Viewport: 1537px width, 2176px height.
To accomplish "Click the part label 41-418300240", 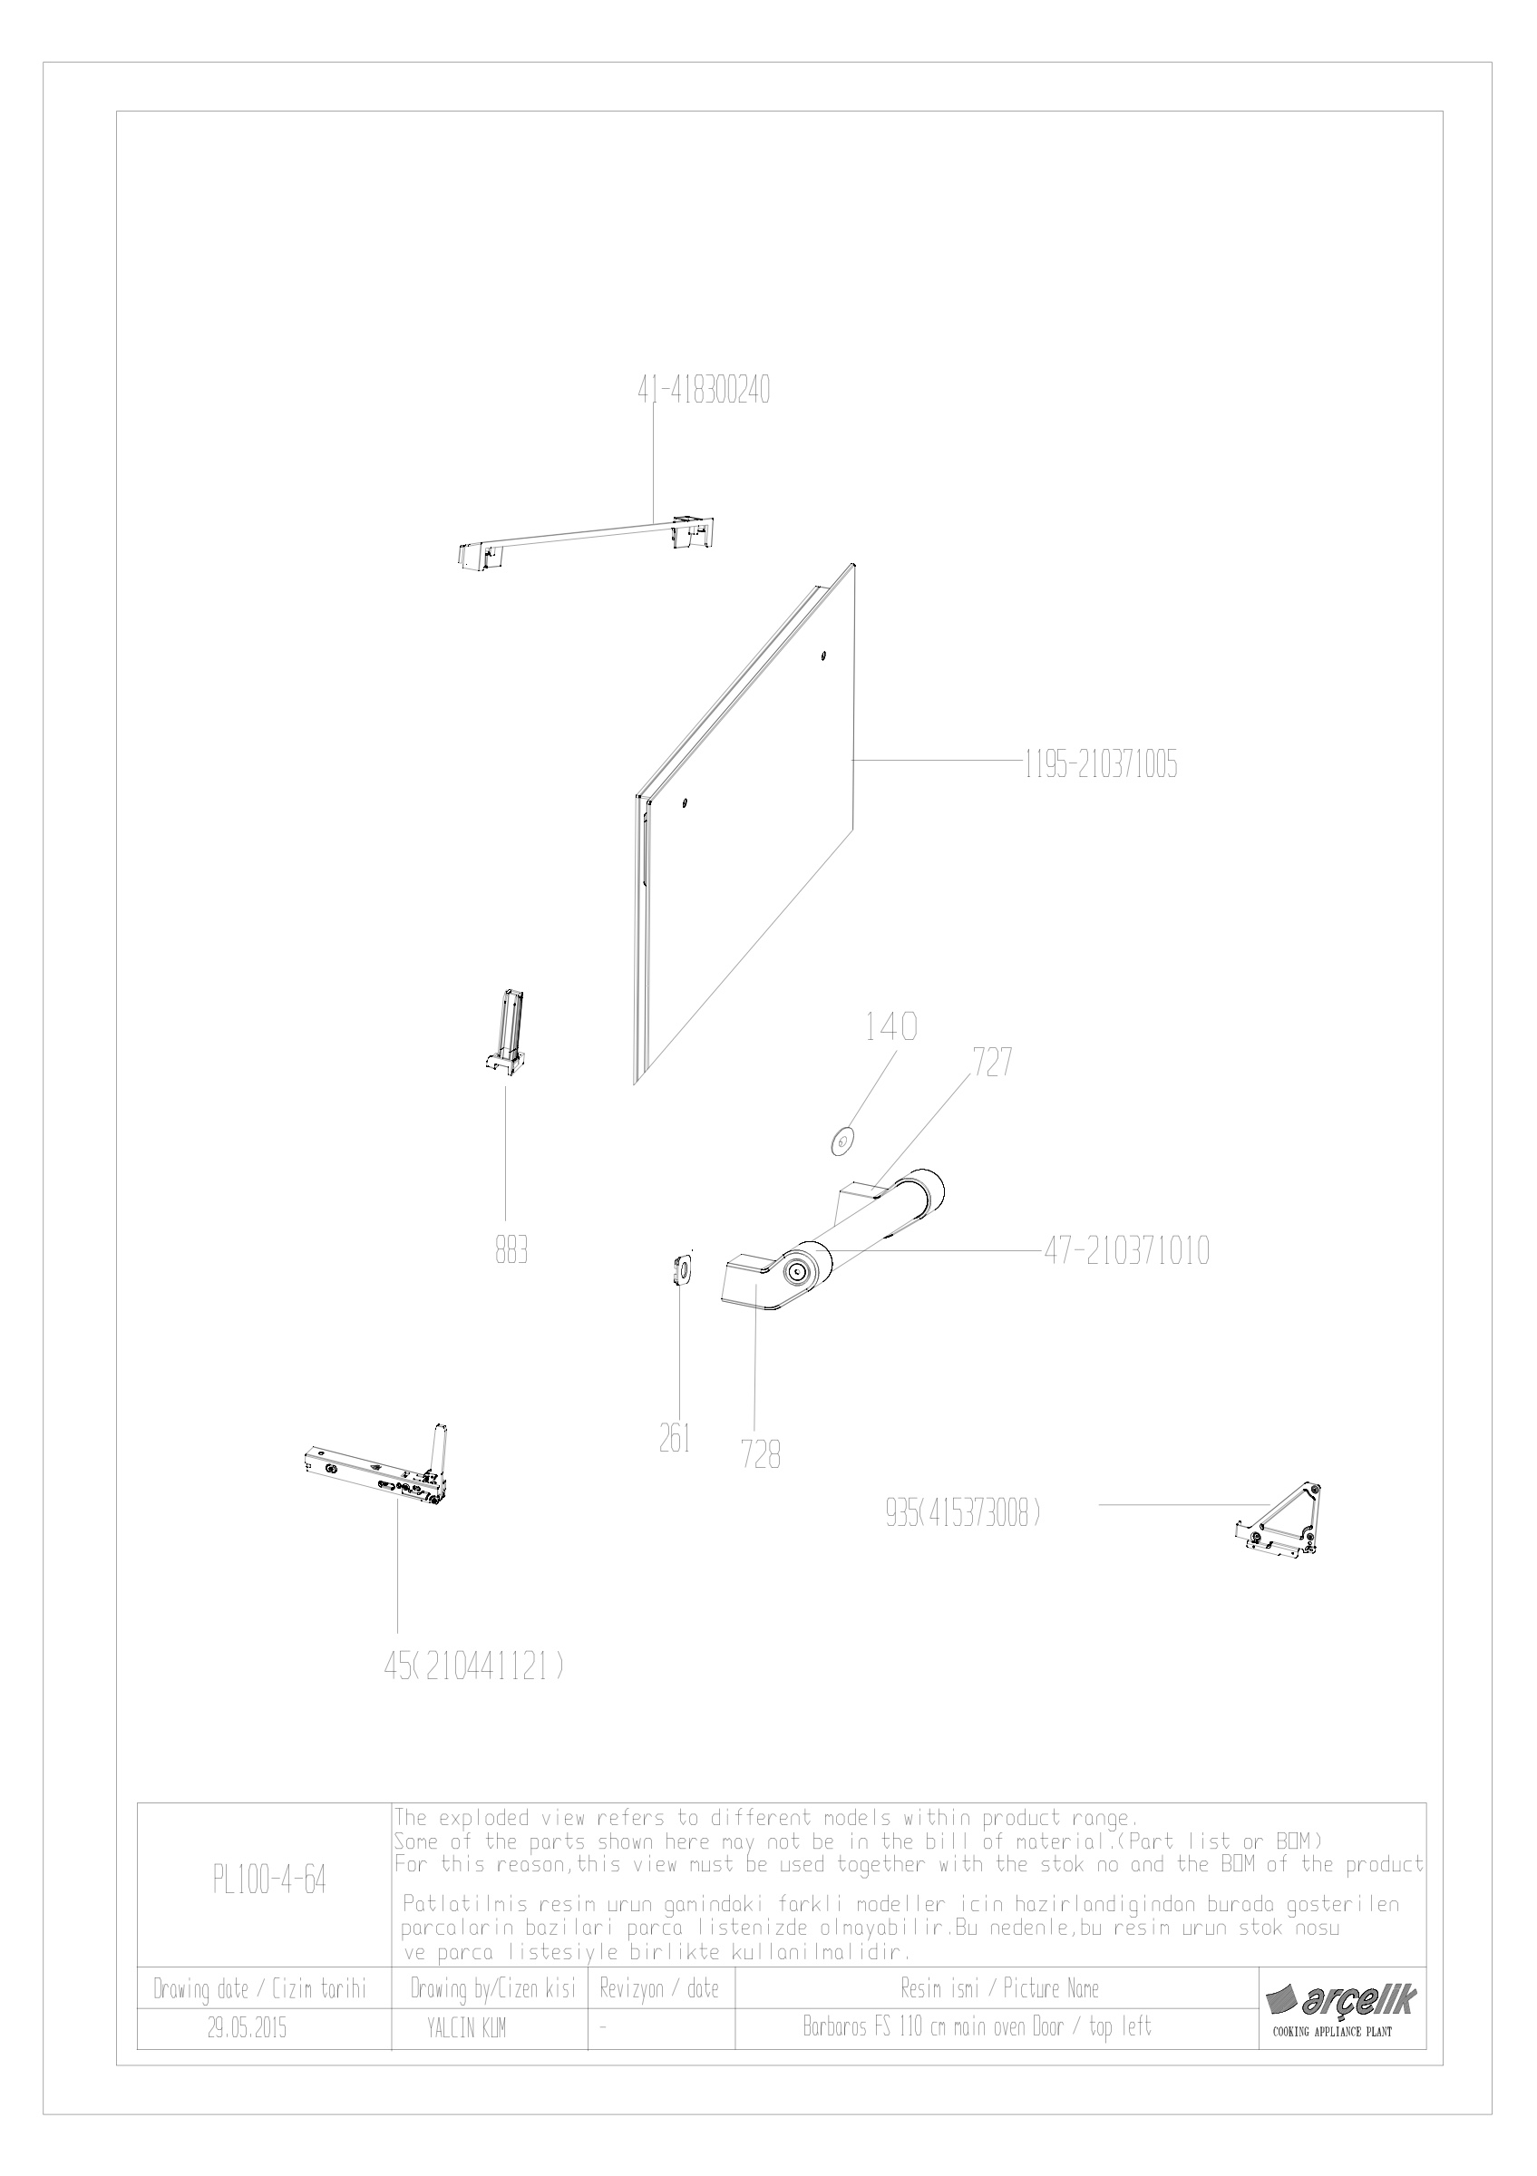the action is pyautogui.click(x=702, y=391).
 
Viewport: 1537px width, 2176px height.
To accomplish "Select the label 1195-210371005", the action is pyautogui.click(x=1100, y=765).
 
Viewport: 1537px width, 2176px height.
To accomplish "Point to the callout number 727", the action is pyautogui.click(x=991, y=1064).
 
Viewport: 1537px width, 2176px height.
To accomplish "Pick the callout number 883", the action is pyautogui.click(x=511, y=1252).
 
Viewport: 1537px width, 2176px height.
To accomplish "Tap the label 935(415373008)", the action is pyautogui.click(x=963, y=1514).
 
